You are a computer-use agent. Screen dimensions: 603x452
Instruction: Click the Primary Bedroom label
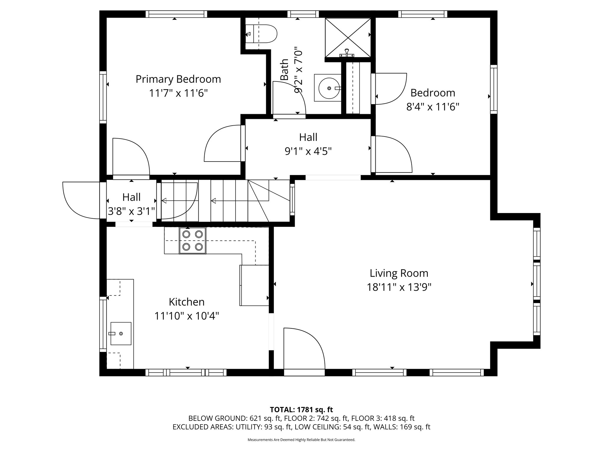tap(178, 79)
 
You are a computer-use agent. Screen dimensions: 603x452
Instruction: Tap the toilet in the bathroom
tap(261, 34)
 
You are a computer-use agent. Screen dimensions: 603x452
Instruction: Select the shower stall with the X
tap(348, 38)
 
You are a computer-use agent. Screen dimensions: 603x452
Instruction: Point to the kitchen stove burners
tap(193, 240)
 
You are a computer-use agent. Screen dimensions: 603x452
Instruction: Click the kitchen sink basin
tap(121, 333)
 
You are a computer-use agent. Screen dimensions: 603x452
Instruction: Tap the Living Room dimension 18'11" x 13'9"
tap(399, 287)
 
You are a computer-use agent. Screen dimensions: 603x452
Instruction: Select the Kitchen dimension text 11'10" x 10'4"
tap(187, 316)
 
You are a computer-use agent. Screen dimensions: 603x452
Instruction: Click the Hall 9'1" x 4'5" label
tap(308, 144)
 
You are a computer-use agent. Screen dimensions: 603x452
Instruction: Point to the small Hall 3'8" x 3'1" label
tap(131, 204)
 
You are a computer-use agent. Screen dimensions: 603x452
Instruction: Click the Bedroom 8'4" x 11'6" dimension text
tap(433, 107)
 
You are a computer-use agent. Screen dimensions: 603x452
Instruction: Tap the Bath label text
tap(284, 70)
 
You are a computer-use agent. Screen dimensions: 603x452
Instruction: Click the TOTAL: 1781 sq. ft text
tap(301, 409)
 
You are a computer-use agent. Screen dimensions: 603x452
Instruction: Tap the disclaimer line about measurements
tap(301, 440)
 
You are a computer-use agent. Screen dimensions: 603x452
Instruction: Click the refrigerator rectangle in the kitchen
tap(254, 285)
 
